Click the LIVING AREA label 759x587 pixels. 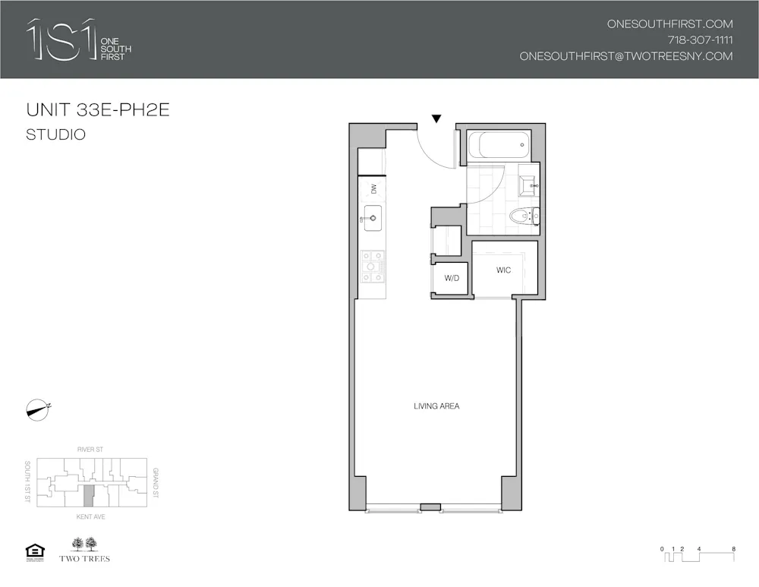coord(436,406)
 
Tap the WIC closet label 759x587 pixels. coord(503,270)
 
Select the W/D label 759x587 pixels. coord(452,279)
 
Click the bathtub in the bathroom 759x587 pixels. coord(496,145)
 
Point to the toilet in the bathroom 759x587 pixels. coord(523,216)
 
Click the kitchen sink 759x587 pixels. coord(372,219)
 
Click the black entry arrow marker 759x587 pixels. coord(436,118)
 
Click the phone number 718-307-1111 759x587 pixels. coord(700,40)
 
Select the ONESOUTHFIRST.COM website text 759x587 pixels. coord(669,24)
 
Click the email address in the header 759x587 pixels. coord(626,56)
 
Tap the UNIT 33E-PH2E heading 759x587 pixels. coord(98,110)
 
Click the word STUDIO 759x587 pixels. coord(55,135)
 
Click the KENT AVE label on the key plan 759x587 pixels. coord(90,516)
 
